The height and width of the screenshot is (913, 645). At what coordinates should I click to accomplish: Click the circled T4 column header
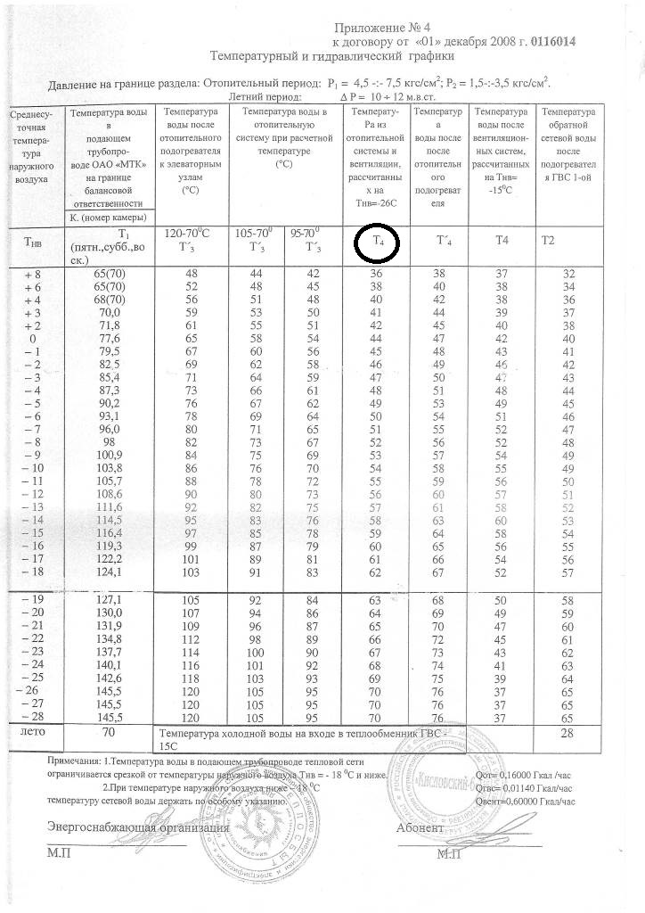377,240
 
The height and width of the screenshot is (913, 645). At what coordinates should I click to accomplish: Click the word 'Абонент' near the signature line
420,828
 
